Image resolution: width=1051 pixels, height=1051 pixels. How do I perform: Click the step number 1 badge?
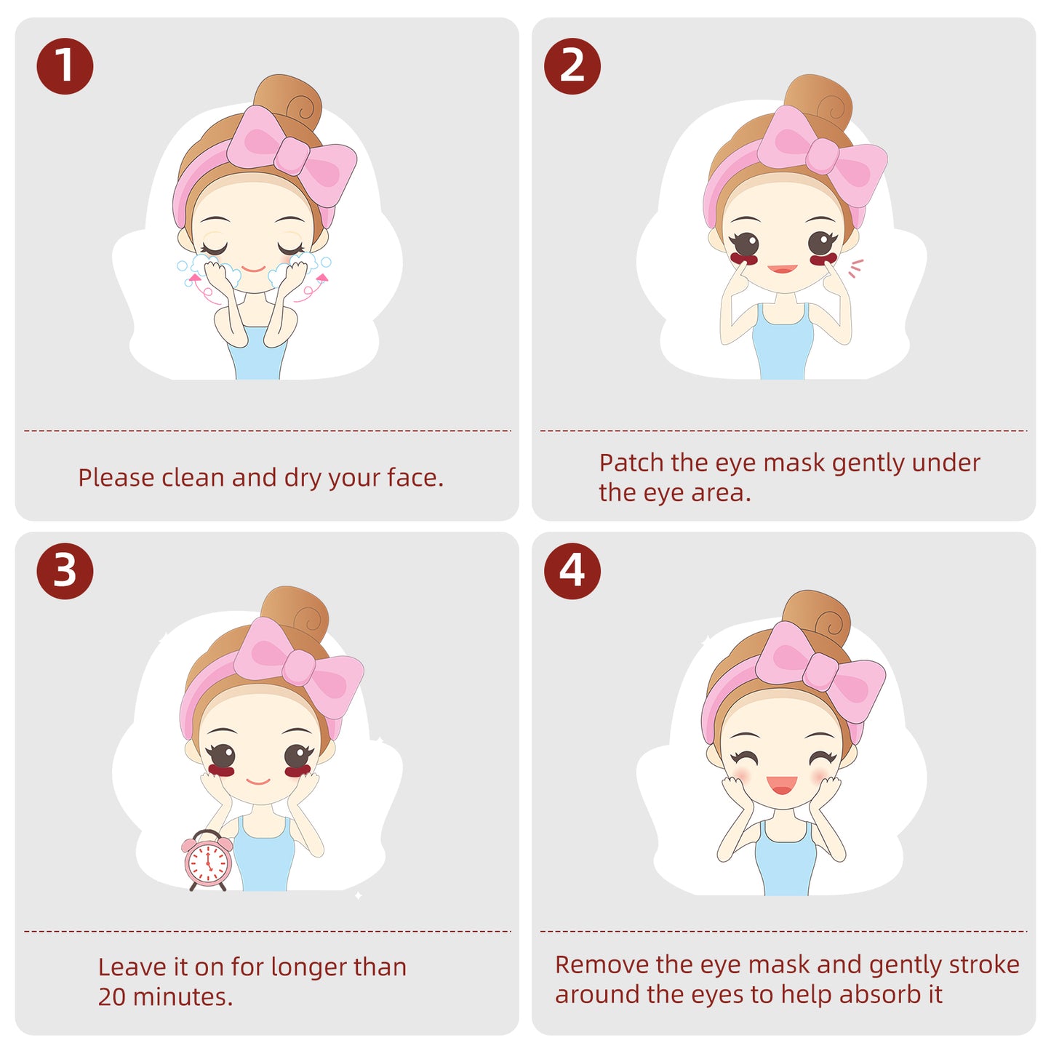click(x=65, y=66)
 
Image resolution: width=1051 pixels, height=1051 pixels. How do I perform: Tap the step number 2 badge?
click(x=572, y=66)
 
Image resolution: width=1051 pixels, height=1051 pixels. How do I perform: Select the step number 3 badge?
click(x=65, y=571)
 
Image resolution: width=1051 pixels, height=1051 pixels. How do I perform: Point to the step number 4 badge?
click(x=572, y=571)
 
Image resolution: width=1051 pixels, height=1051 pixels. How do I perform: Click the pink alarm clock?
click(x=207, y=860)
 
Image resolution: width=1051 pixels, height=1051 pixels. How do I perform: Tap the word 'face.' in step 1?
click(x=415, y=477)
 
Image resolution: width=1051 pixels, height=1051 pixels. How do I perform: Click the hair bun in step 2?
click(x=818, y=103)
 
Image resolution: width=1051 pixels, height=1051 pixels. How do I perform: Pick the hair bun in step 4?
click(x=816, y=618)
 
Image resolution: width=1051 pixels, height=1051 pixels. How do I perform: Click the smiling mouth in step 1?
click(x=253, y=269)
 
